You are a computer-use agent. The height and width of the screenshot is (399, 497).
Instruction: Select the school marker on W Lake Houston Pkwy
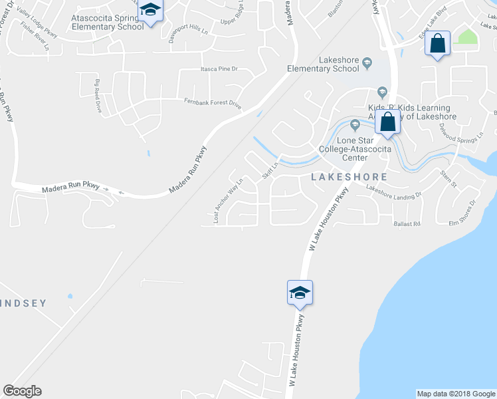point(300,292)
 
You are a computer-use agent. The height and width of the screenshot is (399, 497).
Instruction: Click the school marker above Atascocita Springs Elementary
point(151,11)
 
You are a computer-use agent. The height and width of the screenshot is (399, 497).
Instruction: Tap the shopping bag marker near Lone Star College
point(387,122)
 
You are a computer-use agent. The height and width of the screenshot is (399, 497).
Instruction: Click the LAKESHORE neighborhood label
point(349,177)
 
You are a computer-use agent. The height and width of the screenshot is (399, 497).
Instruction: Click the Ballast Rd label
point(407,224)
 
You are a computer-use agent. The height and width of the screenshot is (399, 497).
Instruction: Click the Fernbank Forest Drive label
point(212,102)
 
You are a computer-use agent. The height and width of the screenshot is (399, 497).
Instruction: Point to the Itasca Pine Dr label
point(220,69)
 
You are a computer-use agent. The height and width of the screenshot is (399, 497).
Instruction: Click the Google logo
point(22,391)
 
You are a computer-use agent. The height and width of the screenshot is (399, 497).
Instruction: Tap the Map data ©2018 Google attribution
point(455,394)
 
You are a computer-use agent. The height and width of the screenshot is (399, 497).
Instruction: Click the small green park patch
point(468,36)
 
